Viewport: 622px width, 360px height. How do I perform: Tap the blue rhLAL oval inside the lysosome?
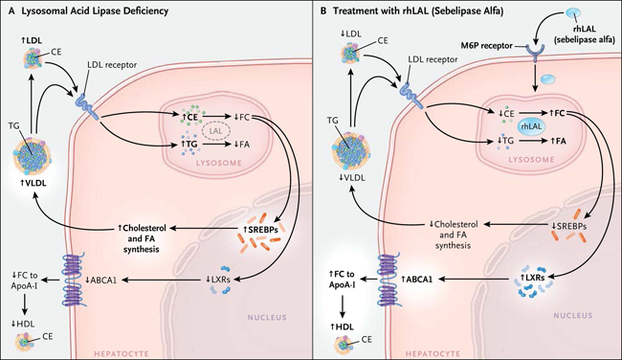click(531, 127)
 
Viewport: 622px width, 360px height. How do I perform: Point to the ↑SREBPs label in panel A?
click(260, 229)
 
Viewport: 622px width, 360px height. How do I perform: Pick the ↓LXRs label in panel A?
click(216, 279)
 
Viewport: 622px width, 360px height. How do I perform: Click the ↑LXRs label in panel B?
click(530, 278)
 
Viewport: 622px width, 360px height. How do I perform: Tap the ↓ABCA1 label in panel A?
click(100, 280)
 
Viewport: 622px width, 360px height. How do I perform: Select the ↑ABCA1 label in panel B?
click(416, 279)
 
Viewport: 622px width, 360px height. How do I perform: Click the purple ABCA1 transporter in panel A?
click(76, 280)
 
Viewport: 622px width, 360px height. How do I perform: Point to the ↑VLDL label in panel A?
click(33, 183)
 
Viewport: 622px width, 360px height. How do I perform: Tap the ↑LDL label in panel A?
click(32, 40)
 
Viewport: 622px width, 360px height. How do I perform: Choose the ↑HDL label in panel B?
click(342, 326)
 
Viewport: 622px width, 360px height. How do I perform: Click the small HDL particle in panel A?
click(25, 342)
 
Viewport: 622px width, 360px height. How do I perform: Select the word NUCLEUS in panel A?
click(267, 318)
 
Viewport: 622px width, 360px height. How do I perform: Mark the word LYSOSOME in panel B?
click(531, 160)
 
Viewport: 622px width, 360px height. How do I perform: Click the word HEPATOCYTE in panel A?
click(121, 353)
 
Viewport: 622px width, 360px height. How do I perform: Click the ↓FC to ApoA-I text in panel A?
click(25, 280)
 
